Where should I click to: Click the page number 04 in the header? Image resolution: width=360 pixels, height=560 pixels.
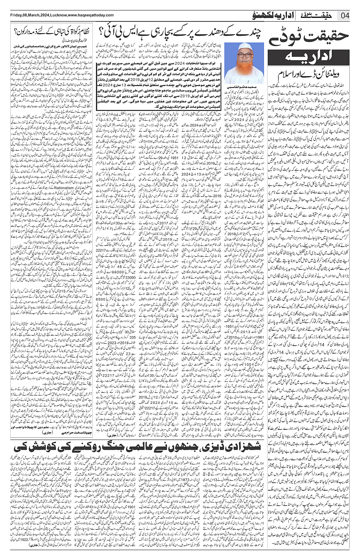pos(346,16)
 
